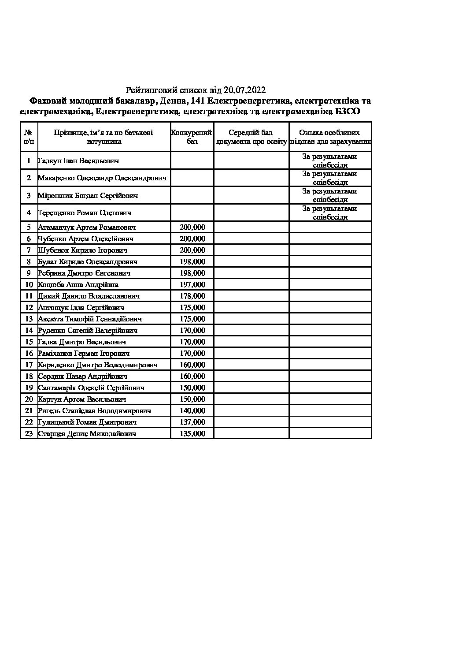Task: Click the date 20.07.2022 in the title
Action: pos(244,90)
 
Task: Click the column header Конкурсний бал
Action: pos(192,137)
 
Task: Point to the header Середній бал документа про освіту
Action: pos(251,137)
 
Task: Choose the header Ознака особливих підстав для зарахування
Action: pos(330,137)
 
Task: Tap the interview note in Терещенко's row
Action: pos(330,213)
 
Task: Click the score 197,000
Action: pos(192,285)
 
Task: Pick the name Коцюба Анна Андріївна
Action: pos(78,285)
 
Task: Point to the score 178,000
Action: pos(192,296)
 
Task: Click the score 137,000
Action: pos(192,422)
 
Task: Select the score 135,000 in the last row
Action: pos(192,434)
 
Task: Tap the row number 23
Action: pos(29,434)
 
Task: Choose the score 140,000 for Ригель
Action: pos(192,411)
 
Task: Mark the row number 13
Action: pos(29,319)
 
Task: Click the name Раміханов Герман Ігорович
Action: pos(84,354)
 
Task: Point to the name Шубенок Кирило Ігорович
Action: pos(83,250)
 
